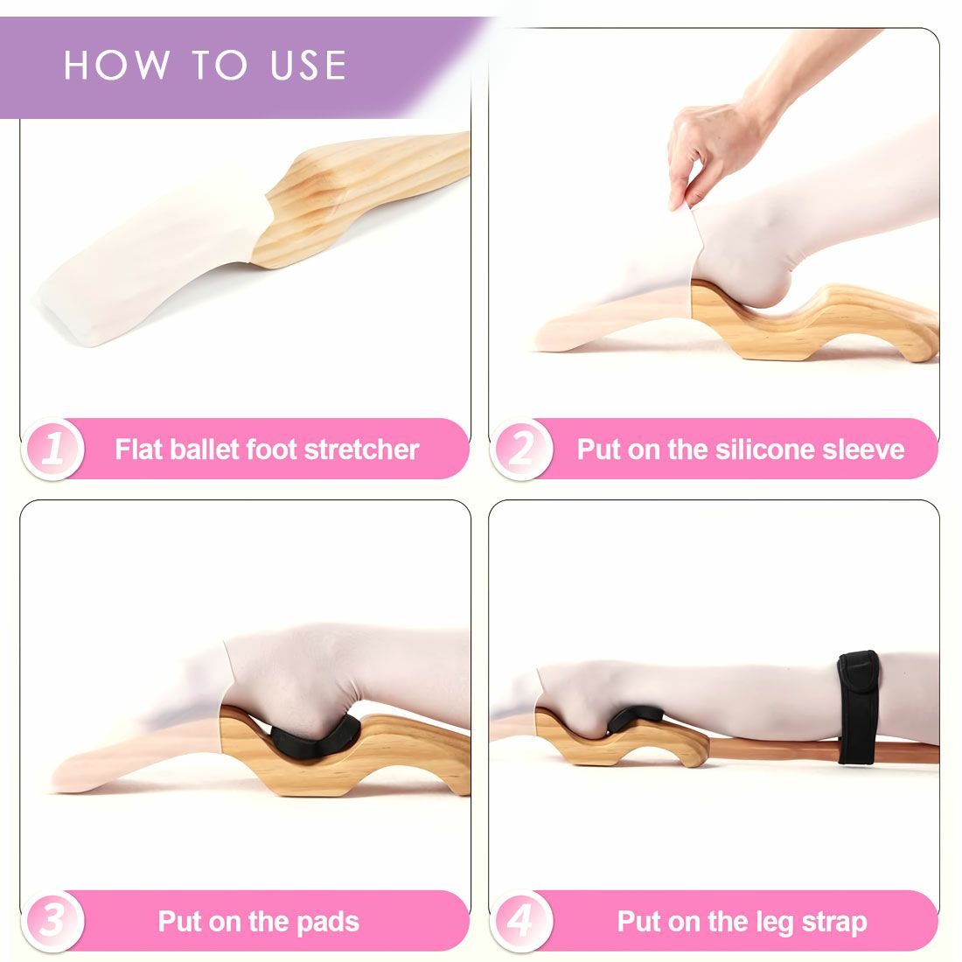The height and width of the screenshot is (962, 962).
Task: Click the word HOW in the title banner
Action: (x=117, y=65)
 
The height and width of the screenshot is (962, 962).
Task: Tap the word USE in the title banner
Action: (x=309, y=65)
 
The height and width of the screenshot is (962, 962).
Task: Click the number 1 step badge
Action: (x=52, y=449)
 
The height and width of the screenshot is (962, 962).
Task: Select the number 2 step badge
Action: (x=521, y=449)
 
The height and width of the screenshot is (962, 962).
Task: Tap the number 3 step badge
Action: (x=52, y=920)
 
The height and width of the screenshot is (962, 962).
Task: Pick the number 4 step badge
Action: (x=521, y=920)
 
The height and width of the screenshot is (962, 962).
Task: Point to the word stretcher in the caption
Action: (x=362, y=450)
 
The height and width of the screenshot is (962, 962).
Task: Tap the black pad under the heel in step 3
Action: (x=314, y=739)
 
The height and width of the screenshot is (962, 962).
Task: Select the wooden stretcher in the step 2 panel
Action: (x=810, y=322)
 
